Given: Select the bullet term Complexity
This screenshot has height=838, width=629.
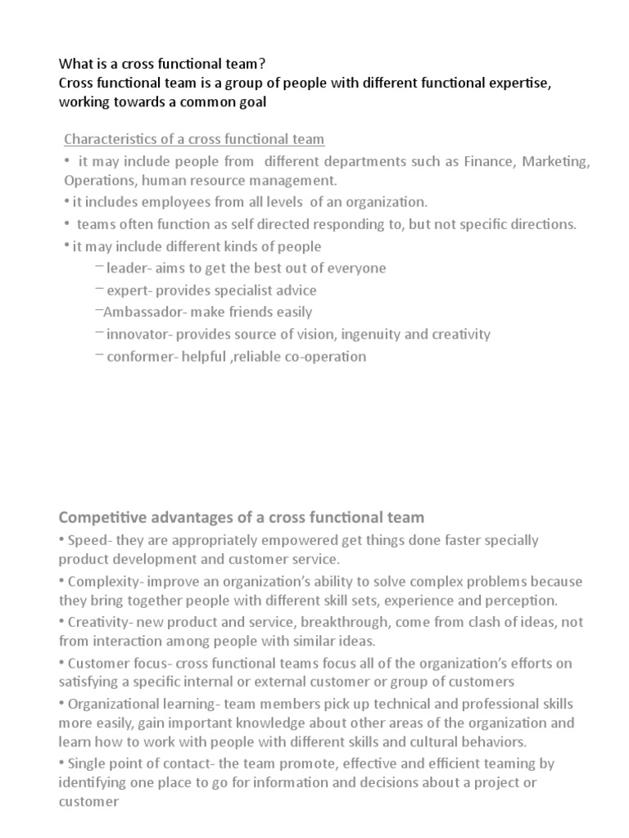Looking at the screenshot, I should (x=101, y=582).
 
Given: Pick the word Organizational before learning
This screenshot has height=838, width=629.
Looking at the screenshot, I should (x=112, y=704).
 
